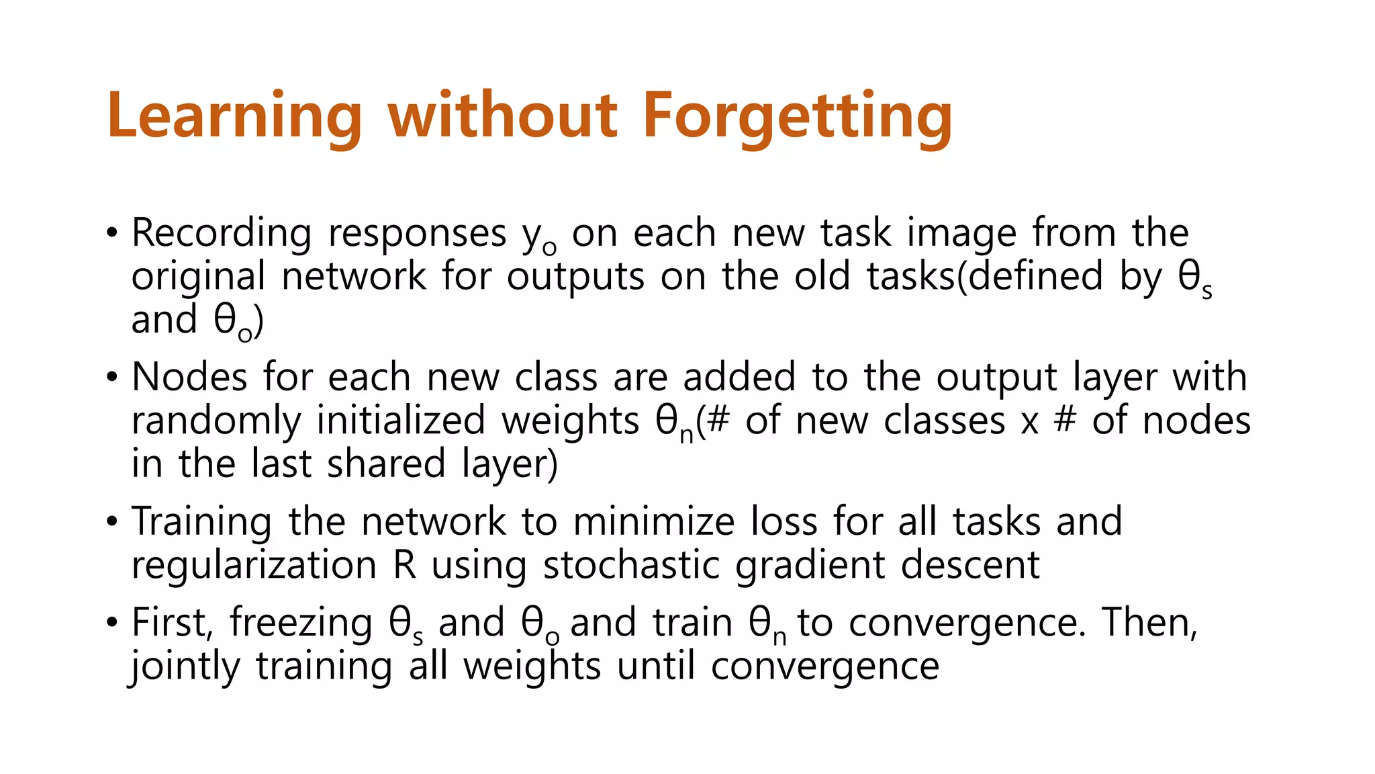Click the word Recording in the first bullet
(x=222, y=233)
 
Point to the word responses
(x=417, y=234)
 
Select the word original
(x=198, y=277)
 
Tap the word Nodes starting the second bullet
(x=189, y=377)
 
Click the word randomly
(x=216, y=421)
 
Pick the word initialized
(x=401, y=421)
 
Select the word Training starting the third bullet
(x=201, y=522)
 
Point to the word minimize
(x=654, y=521)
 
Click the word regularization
(x=254, y=565)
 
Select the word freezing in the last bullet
(x=301, y=623)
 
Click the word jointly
(x=185, y=666)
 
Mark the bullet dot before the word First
(x=111, y=622)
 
